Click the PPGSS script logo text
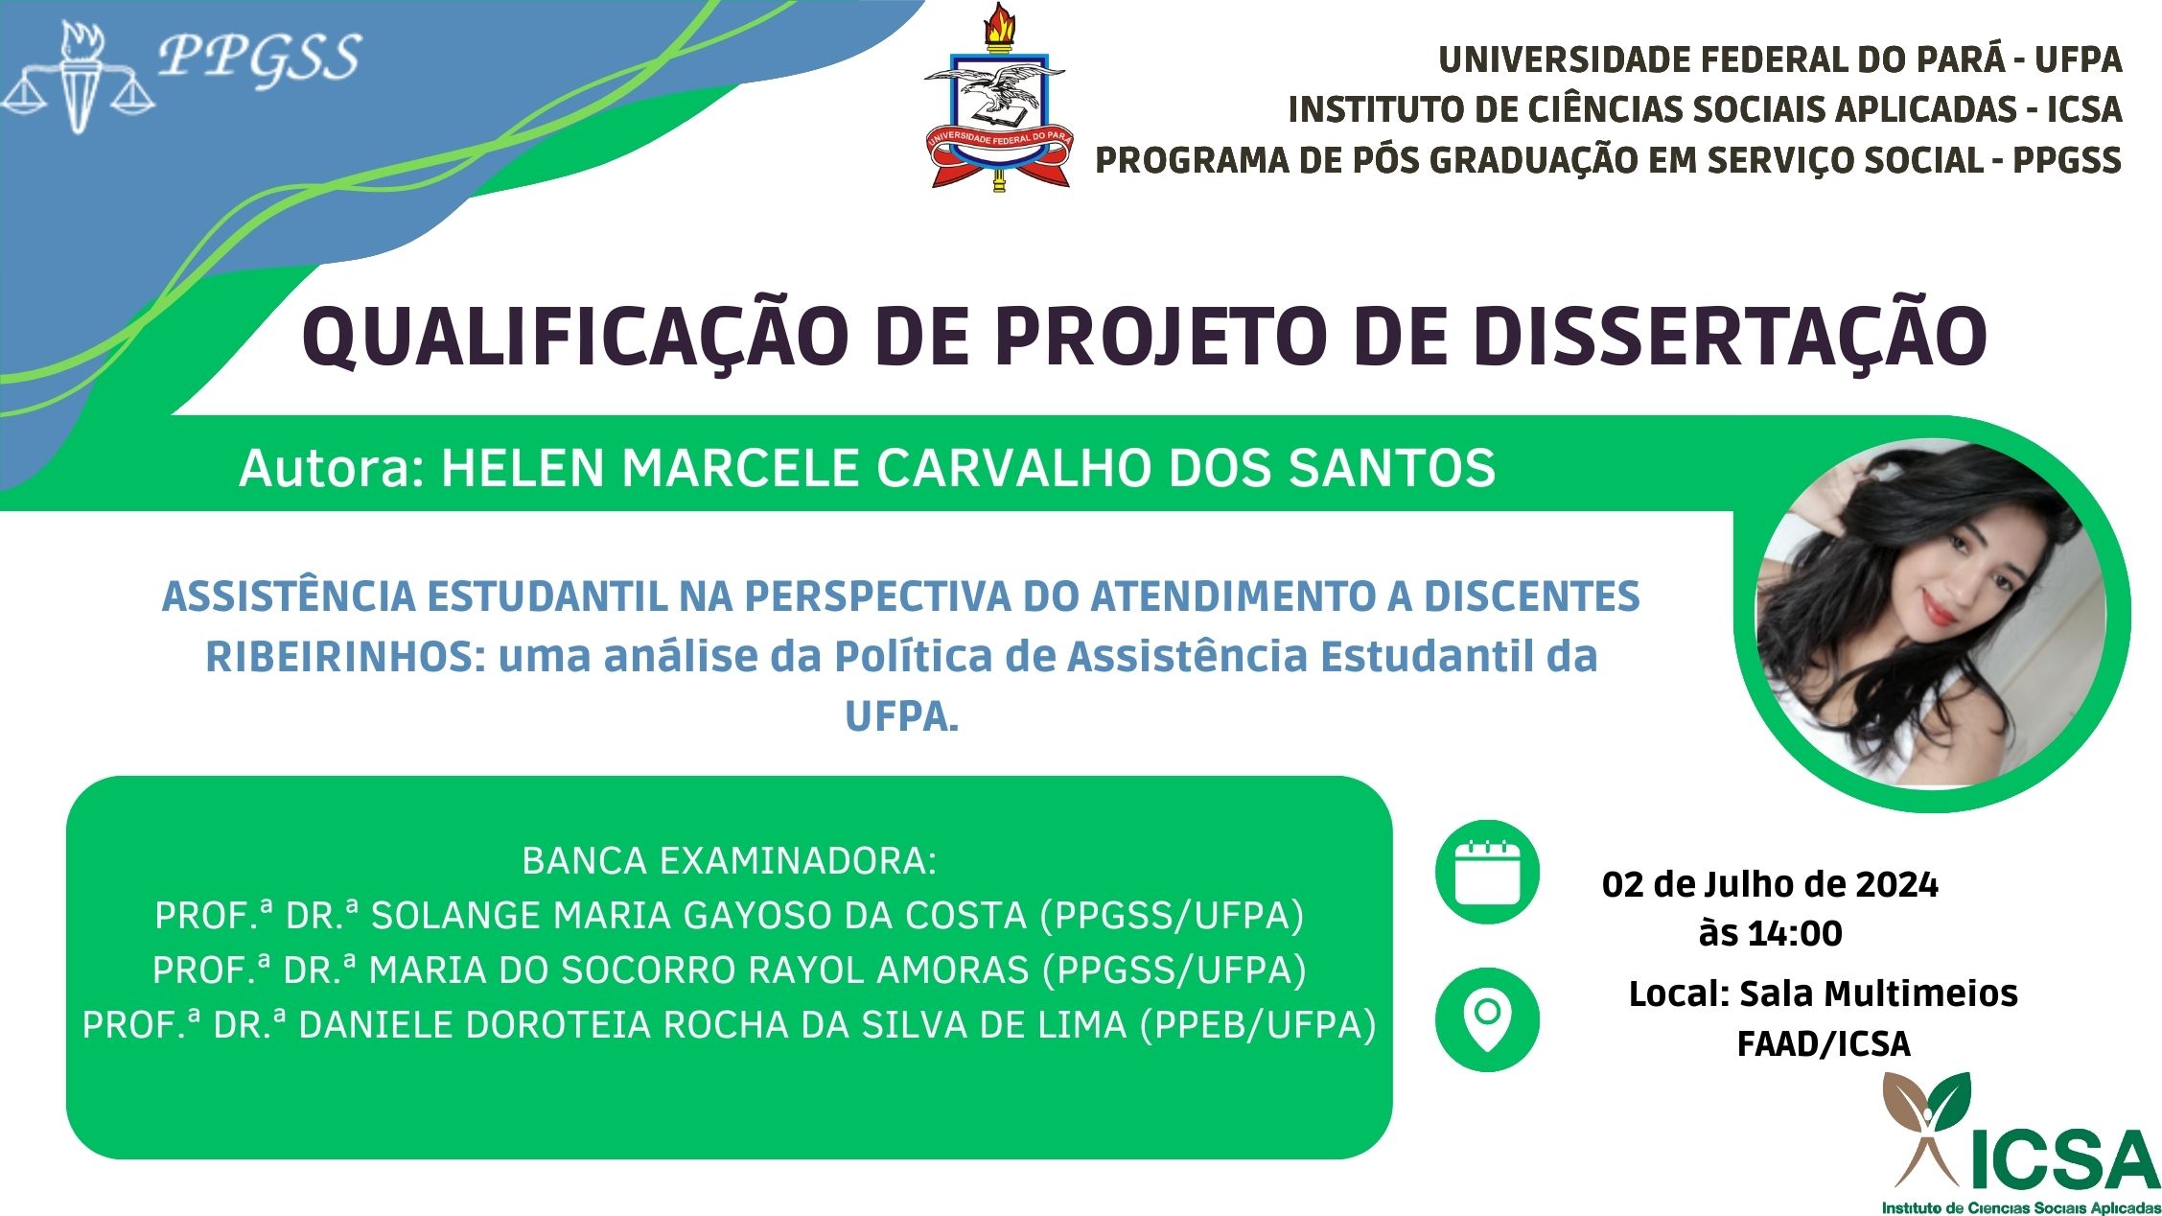(259, 58)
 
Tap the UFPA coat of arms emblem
(997, 98)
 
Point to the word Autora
(331, 469)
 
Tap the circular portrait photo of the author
(1931, 614)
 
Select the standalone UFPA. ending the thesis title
(901, 716)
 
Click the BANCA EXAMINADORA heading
(729, 861)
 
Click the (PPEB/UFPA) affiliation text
(1258, 1025)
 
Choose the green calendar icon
(1487, 873)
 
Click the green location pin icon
(1487, 1019)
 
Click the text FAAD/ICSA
(1824, 1043)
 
